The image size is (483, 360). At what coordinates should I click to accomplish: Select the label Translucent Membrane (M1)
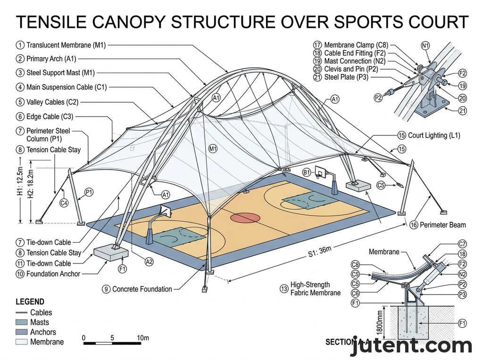pyautogui.click(x=66, y=45)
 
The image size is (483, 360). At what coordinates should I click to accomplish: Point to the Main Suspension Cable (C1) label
pyautogui.click(x=67, y=87)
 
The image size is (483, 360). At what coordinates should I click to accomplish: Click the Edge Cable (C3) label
pyautogui.click(x=50, y=116)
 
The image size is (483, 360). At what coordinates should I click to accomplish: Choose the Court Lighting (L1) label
pyautogui.click(x=434, y=135)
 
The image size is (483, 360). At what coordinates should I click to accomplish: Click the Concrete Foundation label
pyautogui.click(x=142, y=289)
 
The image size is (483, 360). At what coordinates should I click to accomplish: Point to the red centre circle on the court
pyautogui.click(x=245, y=217)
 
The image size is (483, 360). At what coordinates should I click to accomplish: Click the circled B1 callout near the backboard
pyautogui.click(x=307, y=172)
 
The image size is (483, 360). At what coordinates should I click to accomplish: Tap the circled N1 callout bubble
pyautogui.click(x=425, y=46)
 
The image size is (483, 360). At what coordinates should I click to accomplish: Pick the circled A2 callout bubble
pyautogui.click(x=149, y=262)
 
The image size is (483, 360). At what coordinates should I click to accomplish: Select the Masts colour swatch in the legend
pyautogui.click(x=21, y=322)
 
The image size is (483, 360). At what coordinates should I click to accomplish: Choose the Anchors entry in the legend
pyautogui.click(x=42, y=332)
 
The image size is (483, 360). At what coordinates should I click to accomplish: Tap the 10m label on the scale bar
pyautogui.click(x=143, y=337)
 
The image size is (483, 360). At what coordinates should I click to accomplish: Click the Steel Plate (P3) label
pyautogui.click(x=346, y=77)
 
